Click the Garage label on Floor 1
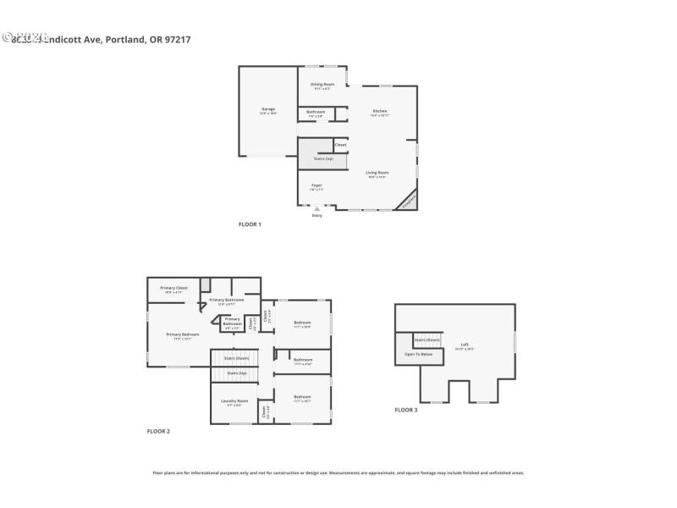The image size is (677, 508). [x=267, y=110]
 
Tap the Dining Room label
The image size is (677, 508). [x=322, y=86]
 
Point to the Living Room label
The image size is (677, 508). [x=377, y=174]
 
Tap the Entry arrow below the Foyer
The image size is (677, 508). [x=317, y=209]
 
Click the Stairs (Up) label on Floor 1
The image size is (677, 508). [x=323, y=158]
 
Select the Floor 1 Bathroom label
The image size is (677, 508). [x=316, y=113]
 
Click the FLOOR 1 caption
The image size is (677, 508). [x=250, y=224]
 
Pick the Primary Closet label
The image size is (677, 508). [x=173, y=289]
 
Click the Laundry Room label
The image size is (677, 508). [x=234, y=401]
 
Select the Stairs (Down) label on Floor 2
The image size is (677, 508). [x=236, y=358]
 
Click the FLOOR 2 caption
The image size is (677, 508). [x=158, y=432]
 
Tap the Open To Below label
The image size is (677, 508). [x=418, y=354]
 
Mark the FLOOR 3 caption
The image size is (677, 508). [x=406, y=410]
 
